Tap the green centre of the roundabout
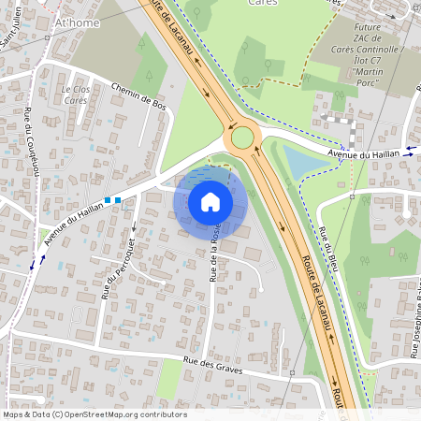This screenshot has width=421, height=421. click(x=243, y=138)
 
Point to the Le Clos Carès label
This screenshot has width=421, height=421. click(x=75, y=94)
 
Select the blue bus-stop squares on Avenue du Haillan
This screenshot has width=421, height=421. click(x=112, y=200)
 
